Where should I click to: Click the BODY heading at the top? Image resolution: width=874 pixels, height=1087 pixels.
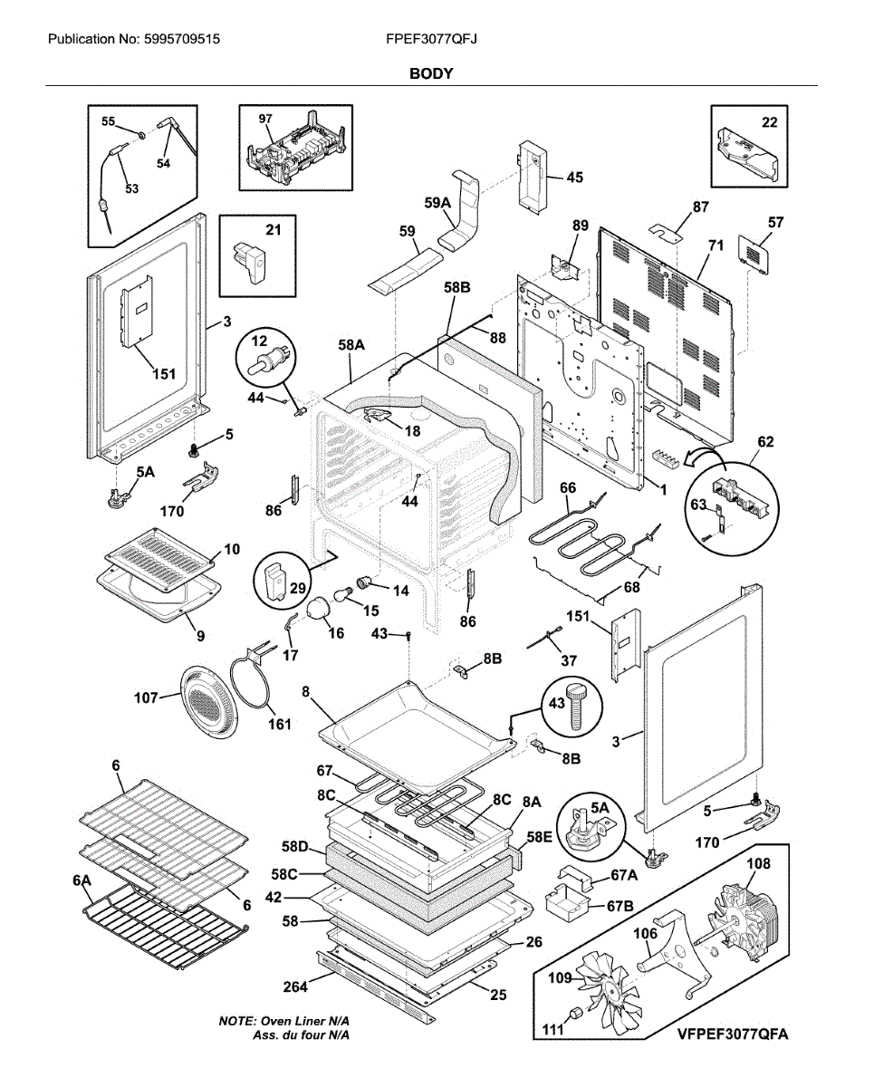coord(431,73)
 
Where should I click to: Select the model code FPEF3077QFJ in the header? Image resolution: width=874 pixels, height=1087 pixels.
coord(431,40)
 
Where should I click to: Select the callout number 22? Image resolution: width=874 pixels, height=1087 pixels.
coord(769,122)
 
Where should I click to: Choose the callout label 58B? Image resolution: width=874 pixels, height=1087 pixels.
coord(456,287)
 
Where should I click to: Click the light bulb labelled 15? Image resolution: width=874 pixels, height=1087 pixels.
coord(346,594)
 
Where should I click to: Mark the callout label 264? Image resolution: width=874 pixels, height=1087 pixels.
coord(295,986)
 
